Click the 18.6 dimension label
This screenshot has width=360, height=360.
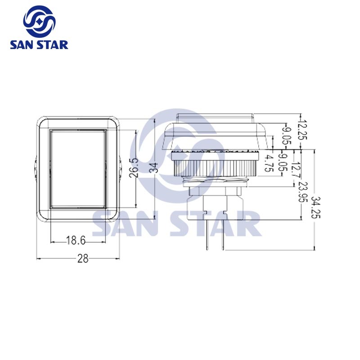(x=76, y=240)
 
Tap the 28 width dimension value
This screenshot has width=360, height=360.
(x=83, y=258)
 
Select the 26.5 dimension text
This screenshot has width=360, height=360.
(x=133, y=168)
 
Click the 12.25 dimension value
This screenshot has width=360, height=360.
(x=303, y=130)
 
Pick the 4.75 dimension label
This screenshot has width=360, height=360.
(x=269, y=163)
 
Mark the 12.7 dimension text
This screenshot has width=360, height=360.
(x=295, y=170)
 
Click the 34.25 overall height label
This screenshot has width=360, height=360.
(x=316, y=207)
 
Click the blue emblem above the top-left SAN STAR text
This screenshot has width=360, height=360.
(x=39, y=22)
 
